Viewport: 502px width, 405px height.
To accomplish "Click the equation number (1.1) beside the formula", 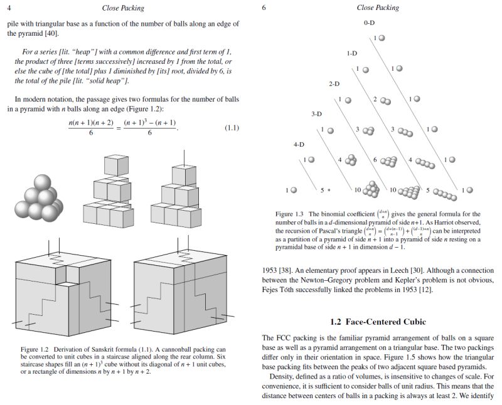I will point(232,129).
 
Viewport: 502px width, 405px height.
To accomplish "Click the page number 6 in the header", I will point(264,8).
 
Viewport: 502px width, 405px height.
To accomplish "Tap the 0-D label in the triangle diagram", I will point(369,23).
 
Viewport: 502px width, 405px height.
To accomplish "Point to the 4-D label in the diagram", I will point(299,144).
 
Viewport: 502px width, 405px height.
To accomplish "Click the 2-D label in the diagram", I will point(334,83).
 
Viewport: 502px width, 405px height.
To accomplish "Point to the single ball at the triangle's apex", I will point(381,38).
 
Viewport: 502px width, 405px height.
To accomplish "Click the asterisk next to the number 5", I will point(328,189).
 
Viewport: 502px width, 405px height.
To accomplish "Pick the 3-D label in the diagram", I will point(316,114).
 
